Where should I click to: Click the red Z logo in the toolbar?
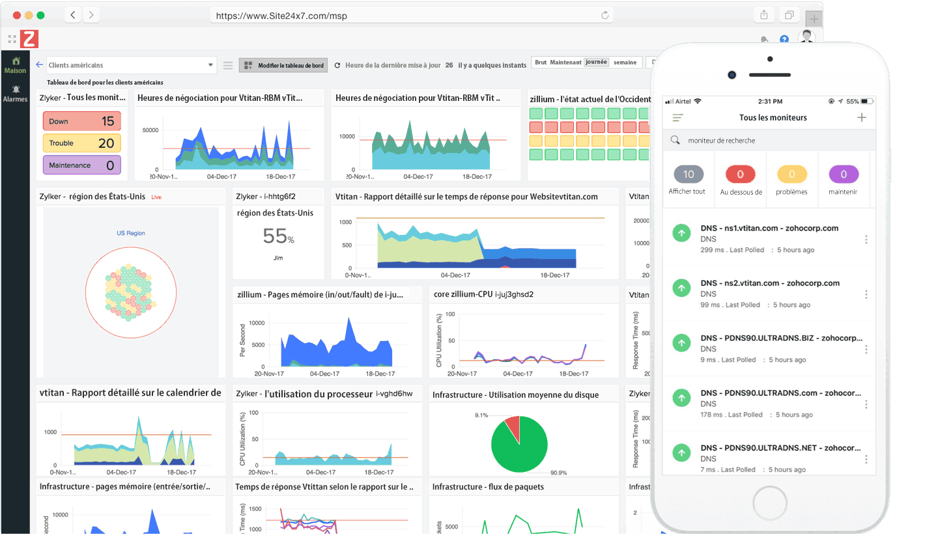(29, 39)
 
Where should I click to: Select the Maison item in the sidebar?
(15, 66)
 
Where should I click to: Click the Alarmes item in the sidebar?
(15, 94)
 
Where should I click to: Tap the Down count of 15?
(82, 121)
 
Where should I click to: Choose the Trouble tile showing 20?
(82, 143)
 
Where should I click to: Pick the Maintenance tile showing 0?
(82, 165)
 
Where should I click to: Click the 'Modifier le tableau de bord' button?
(283, 65)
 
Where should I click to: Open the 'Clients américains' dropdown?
(130, 65)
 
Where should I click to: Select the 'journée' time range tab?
(596, 62)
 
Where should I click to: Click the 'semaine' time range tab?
(625, 62)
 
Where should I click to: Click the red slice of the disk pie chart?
(513, 428)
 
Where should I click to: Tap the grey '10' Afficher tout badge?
(689, 174)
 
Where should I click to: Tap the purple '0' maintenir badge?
(844, 174)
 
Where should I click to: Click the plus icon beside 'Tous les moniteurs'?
(862, 118)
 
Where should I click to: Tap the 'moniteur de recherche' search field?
(769, 141)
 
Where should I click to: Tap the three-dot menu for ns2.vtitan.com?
(866, 295)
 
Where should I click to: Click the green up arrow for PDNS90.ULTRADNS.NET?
(681, 453)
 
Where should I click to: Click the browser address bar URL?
(281, 16)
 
